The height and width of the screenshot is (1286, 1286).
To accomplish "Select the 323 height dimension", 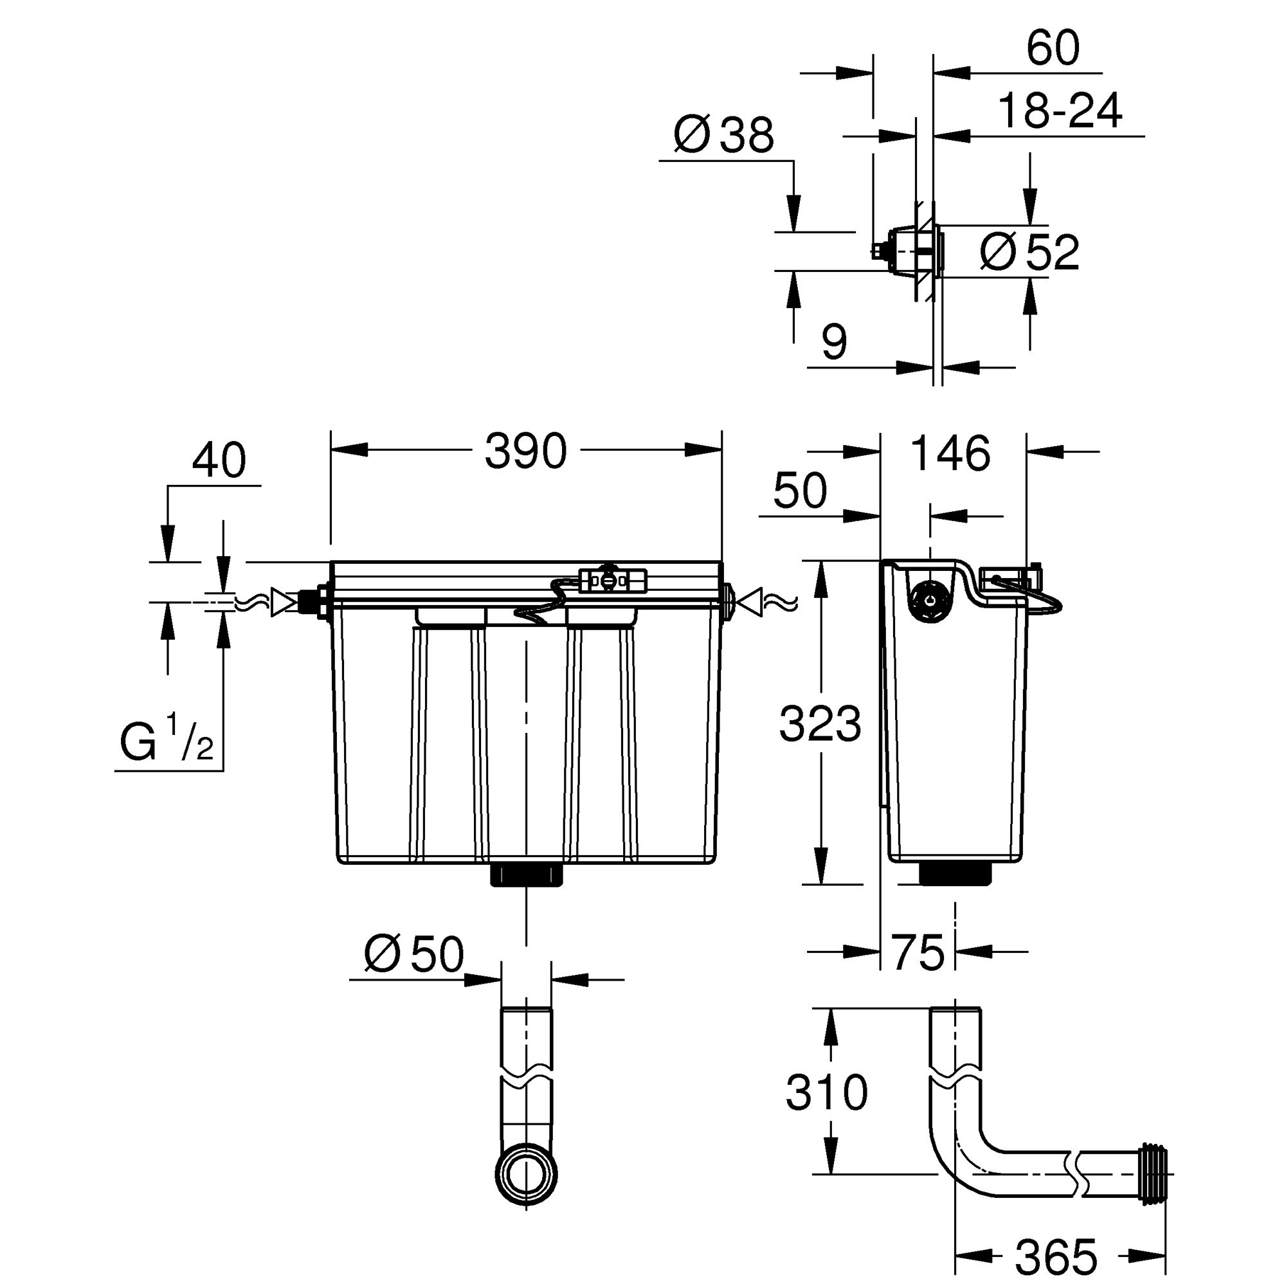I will pyautogui.click(x=820, y=724).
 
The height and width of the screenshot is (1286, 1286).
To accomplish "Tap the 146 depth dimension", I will pyautogui.click(x=950, y=454).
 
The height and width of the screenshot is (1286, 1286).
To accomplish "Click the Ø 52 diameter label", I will pyautogui.click(x=1029, y=252).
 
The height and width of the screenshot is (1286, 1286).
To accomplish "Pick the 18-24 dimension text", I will pyautogui.click(x=1060, y=111).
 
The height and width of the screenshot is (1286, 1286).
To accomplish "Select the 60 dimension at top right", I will pyautogui.click(x=1053, y=48).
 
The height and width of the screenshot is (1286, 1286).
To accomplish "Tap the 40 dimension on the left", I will pyautogui.click(x=219, y=460).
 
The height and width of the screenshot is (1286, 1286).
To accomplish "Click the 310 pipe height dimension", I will pyautogui.click(x=827, y=1092).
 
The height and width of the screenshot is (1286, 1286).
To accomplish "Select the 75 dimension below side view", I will pyautogui.click(x=918, y=952).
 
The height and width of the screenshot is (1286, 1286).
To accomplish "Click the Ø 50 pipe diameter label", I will pyautogui.click(x=414, y=954).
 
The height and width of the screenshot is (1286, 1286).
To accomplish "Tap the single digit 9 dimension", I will pyautogui.click(x=834, y=342).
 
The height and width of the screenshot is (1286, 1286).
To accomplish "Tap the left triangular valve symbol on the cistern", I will pyautogui.click(x=283, y=602).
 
